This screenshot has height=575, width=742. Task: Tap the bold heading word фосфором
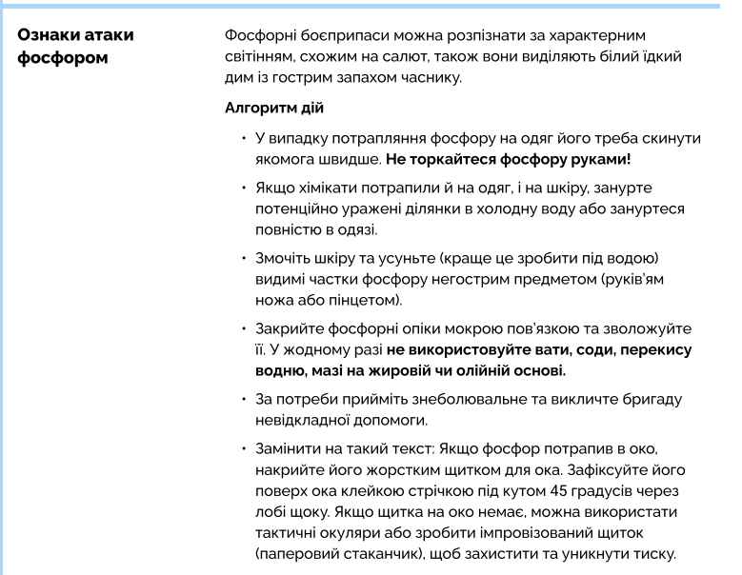click(63, 57)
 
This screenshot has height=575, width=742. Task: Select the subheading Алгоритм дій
click(273, 109)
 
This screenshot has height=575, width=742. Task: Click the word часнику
click(430, 78)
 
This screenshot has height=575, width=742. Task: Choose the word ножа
click(274, 302)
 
